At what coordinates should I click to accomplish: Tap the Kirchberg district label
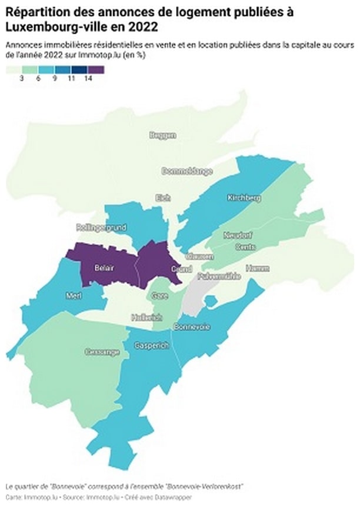[x=244, y=198]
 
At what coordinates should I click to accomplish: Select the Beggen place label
[x=163, y=135]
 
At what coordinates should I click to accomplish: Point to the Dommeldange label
[x=186, y=171]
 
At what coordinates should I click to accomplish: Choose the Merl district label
[x=74, y=295]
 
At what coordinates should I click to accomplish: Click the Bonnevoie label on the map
[x=192, y=326]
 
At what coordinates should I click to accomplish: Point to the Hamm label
[x=257, y=268]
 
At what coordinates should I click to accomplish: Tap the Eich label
[x=162, y=198]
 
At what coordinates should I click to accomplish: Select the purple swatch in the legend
[x=95, y=69]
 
